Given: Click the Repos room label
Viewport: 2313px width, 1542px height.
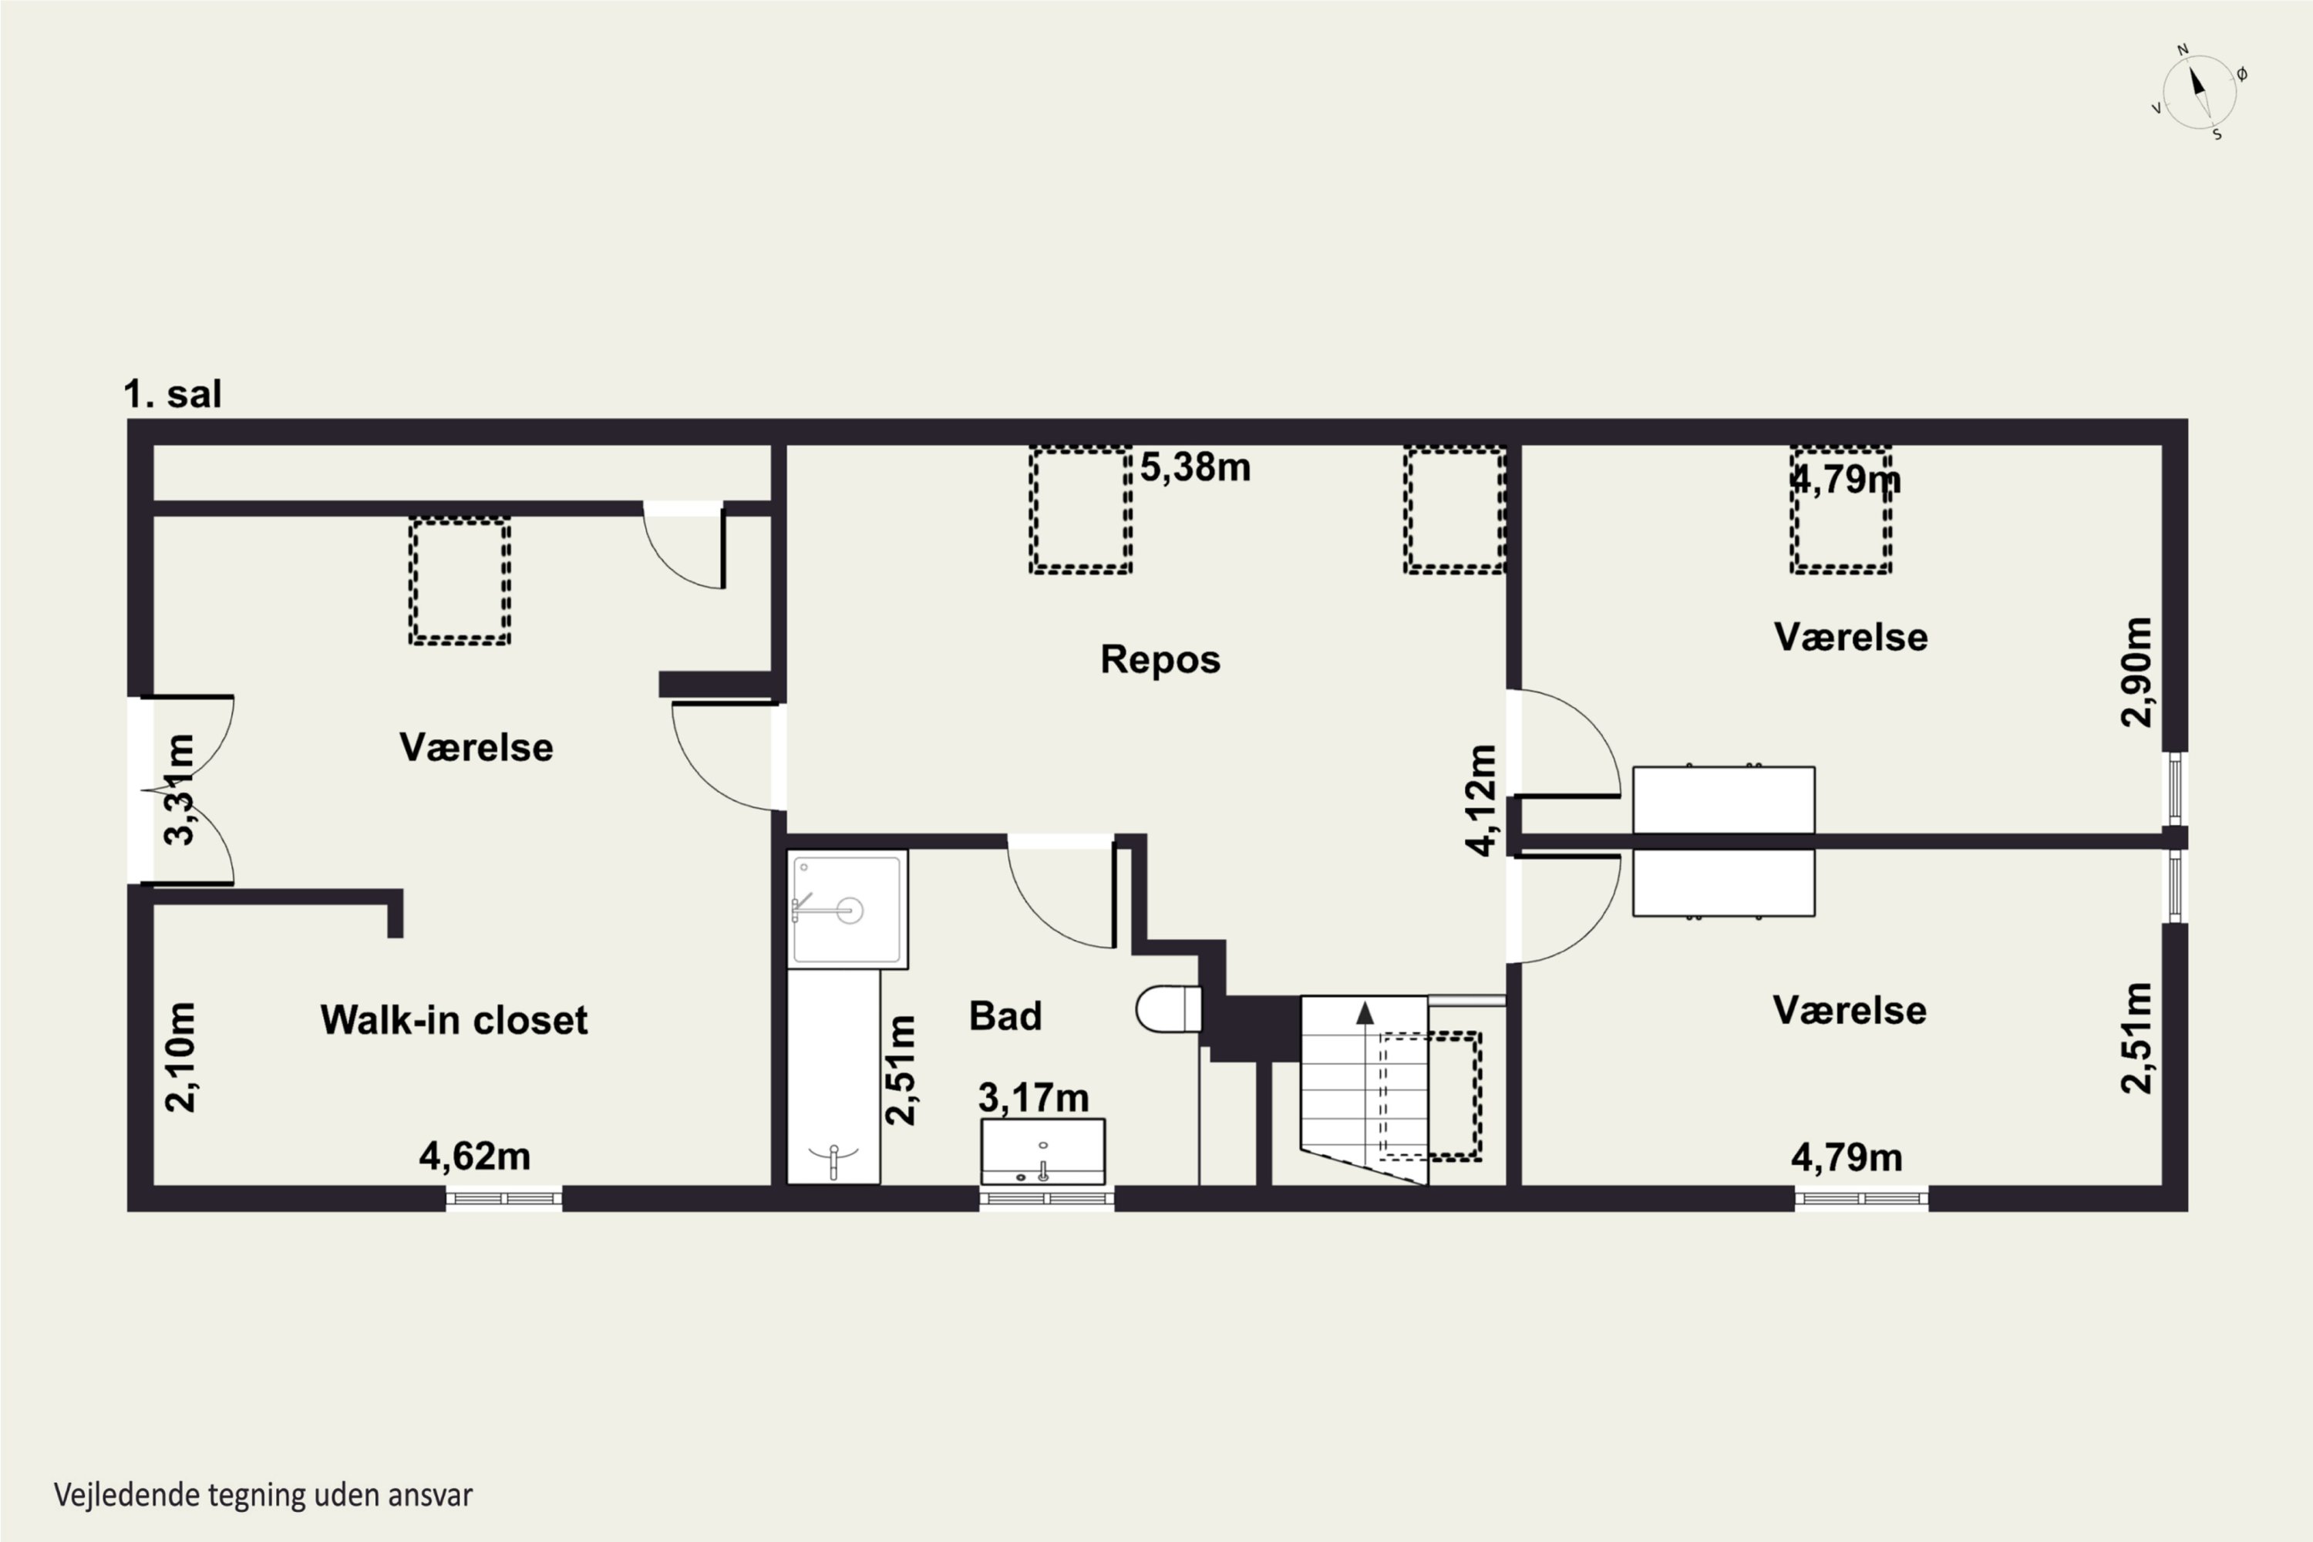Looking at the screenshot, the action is coord(1160,660).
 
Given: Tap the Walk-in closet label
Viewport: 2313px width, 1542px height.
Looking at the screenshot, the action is coord(454,1020).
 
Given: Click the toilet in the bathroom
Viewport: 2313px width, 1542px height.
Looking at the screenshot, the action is coord(1168,1009).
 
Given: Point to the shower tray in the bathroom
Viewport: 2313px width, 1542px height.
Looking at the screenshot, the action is coord(847,910).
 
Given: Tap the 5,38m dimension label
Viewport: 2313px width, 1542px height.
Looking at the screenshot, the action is coord(1196,467).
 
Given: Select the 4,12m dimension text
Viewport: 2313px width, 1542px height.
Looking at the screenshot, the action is coord(1482,800).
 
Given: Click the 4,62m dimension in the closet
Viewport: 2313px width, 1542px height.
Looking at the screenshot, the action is coord(475,1156).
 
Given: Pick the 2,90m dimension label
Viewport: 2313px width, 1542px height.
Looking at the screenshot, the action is coord(2137,672).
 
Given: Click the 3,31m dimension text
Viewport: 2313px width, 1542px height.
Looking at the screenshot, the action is coord(180,790).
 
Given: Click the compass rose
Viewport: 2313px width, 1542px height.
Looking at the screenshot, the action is coord(2200,93).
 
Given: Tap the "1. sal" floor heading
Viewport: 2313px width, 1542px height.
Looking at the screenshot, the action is coord(172,393).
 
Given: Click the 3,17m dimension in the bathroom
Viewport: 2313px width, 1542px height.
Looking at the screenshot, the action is coord(1034,1097).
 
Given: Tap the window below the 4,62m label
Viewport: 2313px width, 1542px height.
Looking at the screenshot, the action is coord(503,1199).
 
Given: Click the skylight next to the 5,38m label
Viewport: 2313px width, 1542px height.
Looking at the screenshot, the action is coord(1081,510).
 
